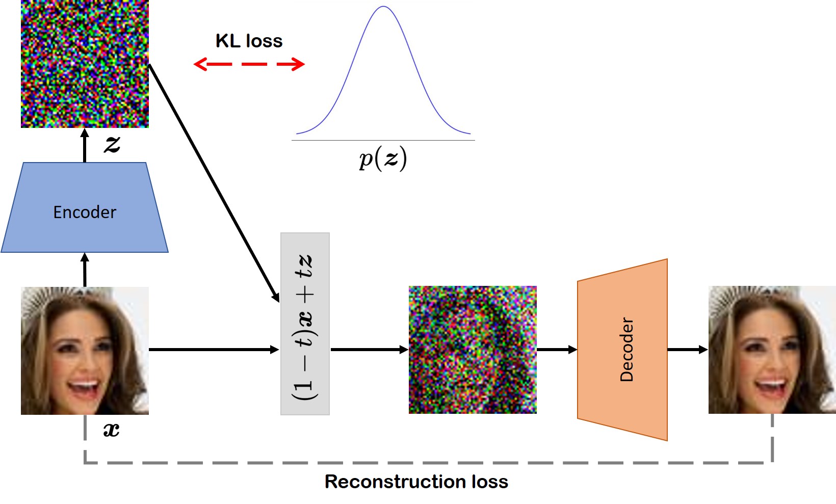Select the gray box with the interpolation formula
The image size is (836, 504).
(305, 324)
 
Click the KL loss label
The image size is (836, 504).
(249, 41)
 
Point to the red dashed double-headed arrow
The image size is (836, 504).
(249, 64)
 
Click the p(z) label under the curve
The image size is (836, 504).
(383, 158)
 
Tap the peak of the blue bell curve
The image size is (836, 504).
(383, 7)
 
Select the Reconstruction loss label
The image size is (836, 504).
(416, 482)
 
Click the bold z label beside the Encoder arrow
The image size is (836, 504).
(112, 144)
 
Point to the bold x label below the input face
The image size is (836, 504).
(111, 430)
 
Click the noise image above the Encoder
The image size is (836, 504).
(85, 64)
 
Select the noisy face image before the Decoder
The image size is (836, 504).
(473, 350)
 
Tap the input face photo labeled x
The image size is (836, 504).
(85, 351)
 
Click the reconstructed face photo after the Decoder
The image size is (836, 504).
(772, 350)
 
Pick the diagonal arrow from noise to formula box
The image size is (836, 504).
(214, 183)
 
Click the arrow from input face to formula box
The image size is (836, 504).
(214, 350)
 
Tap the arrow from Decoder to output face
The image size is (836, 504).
(688, 350)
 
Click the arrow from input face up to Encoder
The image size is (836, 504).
(85, 270)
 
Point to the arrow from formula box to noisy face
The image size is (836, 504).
(369, 350)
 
